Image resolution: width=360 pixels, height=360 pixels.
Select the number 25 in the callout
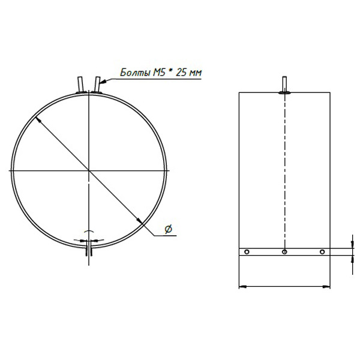[x=181, y=73]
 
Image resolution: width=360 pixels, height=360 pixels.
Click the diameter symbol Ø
[x=168, y=229]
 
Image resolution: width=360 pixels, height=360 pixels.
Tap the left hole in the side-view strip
[x=247, y=252]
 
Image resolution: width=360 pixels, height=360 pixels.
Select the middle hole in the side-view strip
[x=284, y=252]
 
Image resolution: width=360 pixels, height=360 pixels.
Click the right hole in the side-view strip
[x=322, y=252]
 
